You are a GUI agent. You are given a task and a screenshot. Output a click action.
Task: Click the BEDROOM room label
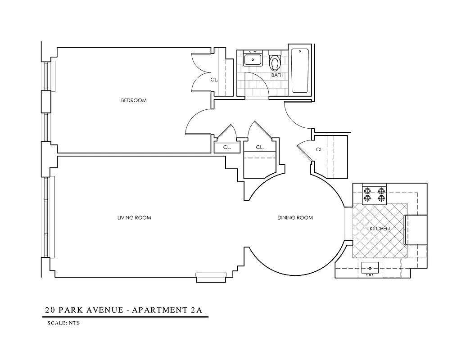[x=134, y=100]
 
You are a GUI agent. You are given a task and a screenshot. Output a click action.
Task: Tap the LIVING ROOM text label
[x=134, y=218]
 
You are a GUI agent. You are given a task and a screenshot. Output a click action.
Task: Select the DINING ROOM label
[x=295, y=218]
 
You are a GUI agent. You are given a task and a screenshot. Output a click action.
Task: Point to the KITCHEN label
[x=380, y=229]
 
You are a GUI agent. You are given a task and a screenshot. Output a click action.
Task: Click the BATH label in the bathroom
[x=277, y=75]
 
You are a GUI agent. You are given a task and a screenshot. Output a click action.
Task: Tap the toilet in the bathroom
[x=275, y=62]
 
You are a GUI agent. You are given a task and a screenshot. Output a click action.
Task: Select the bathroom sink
[x=253, y=59]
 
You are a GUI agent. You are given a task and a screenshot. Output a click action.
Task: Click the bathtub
[x=300, y=71]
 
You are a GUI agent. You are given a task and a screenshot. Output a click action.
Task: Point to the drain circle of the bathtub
[x=300, y=51]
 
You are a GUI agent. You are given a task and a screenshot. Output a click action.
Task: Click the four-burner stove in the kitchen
[x=375, y=194]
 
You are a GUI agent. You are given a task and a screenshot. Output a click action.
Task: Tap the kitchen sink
[x=371, y=268]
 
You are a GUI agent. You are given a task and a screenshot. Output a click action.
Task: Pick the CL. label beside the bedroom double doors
[x=214, y=80]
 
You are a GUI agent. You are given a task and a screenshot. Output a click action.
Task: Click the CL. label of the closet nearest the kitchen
[x=320, y=149]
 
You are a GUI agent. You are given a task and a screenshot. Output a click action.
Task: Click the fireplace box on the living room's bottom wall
[x=211, y=278]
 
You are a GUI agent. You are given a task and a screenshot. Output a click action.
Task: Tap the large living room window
[x=49, y=217]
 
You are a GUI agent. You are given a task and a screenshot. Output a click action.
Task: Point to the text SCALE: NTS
[x=63, y=323]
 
